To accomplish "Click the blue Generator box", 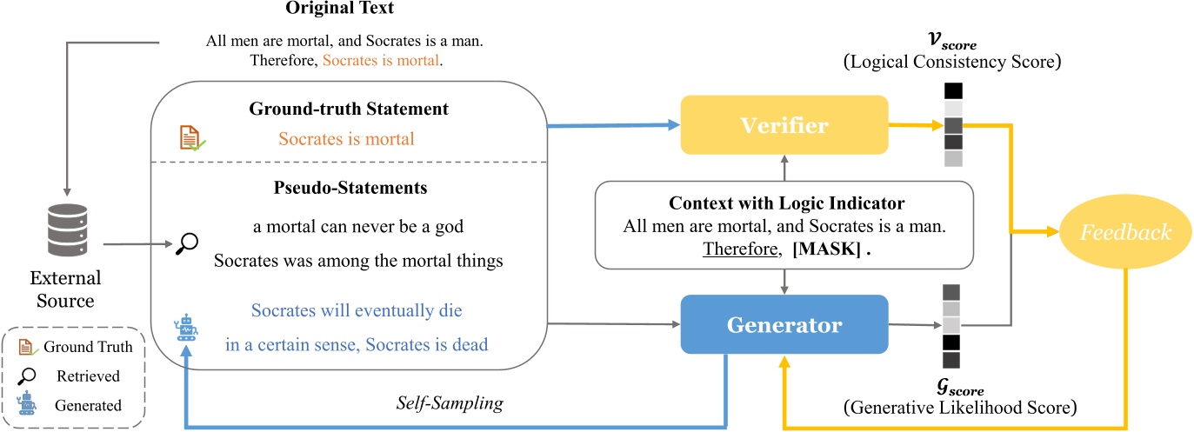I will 784,325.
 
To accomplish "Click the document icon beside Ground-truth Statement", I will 190,138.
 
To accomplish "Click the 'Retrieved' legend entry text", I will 87,376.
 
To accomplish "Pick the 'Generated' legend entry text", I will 88,404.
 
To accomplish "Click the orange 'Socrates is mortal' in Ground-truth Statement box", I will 345,138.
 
